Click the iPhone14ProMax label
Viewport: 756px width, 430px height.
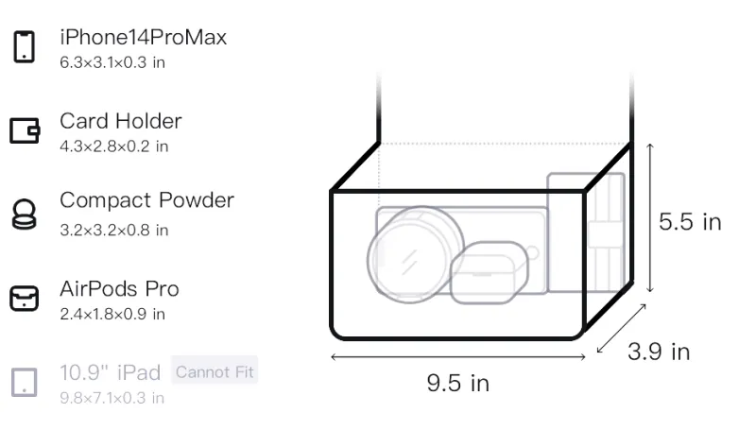(x=144, y=38)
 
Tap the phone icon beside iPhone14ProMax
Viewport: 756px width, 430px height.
(x=25, y=46)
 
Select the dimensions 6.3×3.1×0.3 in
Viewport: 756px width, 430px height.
(x=112, y=62)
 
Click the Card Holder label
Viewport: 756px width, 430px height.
(x=121, y=121)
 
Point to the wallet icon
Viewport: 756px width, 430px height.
(x=25, y=130)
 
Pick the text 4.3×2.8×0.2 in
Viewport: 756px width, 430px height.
(x=113, y=146)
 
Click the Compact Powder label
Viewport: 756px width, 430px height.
(x=147, y=200)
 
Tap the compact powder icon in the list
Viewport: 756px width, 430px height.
(x=24, y=214)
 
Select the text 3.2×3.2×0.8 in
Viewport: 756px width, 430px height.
(x=113, y=231)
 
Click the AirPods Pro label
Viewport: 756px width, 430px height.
(x=120, y=289)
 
